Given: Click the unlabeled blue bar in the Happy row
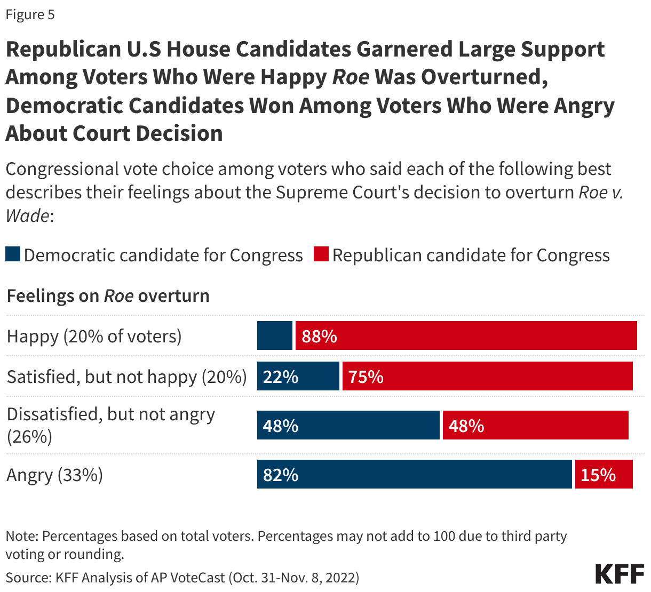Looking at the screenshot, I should pyautogui.click(x=275, y=336).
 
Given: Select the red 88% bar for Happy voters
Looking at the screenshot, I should pyautogui.click(x=466, y=336).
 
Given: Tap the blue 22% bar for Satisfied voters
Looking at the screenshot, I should pyautogui.click(x=298, y=377).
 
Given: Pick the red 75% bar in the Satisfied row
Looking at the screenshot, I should pyautogui.click(x=487, y=377).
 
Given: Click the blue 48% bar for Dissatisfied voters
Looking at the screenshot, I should pyautogui.click(x=348, y=426).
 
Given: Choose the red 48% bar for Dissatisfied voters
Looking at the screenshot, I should pyautogui.click(x=535, y=426).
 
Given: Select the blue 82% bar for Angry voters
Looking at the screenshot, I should pyautogui.click(x=414, y=475).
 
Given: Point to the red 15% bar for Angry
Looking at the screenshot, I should pyautogui.click(x=604, y=475).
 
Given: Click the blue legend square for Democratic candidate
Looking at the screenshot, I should pyautogui.click(x=13, y=254).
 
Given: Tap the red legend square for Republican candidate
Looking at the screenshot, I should pyautogui.click(x=321, y=254).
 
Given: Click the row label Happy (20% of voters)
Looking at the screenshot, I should pyautogui.click(x=94, y=337).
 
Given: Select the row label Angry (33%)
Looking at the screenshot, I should pyautogui.click(x=54, y=475).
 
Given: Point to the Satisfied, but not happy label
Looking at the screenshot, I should pyautogui.click(x=126, y=377).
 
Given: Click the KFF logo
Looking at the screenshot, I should pyautogui.click(x=620, y=574).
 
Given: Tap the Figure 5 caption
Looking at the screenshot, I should pyautogui.click(x=30, y=14).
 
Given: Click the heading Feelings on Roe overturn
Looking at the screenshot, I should pyautogui.click(x=108, y=295).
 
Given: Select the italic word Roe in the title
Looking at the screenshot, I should pyautogui.click(x=351, y=77).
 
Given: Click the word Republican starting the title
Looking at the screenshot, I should pyautogui.click(x=63, y=49).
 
